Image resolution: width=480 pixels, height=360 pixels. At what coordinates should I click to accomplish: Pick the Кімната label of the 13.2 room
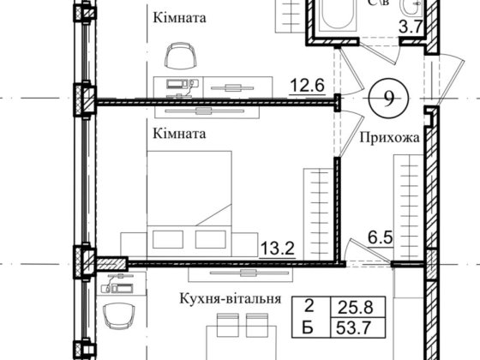[179, 135]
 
